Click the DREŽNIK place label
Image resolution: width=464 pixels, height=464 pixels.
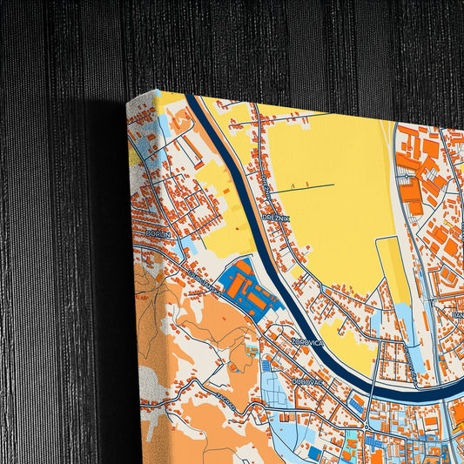pos(276,217)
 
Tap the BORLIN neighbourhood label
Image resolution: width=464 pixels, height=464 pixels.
pos(159,234)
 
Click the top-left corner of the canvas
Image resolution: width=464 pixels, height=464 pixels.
pos(129,103)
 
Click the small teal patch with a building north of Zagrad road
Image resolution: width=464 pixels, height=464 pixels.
pos(252,348)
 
